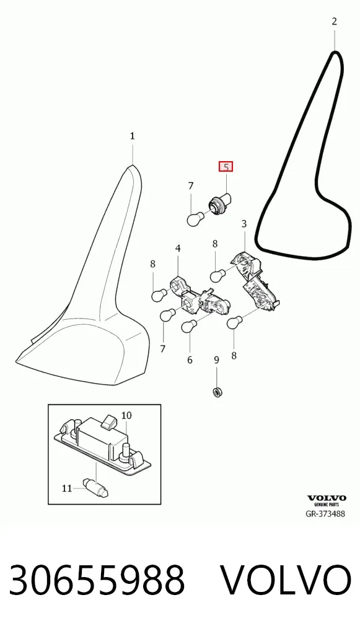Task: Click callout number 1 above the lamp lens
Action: [133, 136]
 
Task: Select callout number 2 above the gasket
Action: [334, 21]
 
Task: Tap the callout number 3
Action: [244, 224]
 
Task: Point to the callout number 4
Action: [178, 249]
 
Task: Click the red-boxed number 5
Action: [226, 167]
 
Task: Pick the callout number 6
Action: [190, 360]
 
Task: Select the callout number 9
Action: [216, 360]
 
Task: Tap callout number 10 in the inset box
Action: [126, 415]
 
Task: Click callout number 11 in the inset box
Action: [67, 488]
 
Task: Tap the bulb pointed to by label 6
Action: [188, 326]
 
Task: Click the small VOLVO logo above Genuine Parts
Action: [327, 498]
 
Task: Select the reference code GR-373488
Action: [325, 513]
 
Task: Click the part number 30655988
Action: [97, 580]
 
